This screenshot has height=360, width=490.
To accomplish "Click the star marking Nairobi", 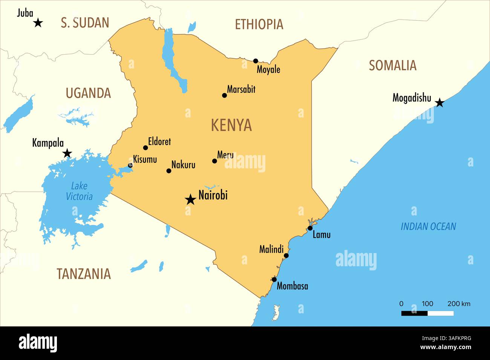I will [x=190, y=200].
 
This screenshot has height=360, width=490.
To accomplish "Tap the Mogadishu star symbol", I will [x=439, y=102].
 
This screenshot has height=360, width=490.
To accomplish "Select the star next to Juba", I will [x=38, y=23].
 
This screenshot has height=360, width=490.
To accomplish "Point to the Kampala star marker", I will [x=67, y=153].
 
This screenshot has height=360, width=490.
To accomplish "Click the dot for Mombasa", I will [x=274, y=279].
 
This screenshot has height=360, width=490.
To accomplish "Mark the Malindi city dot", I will [x=286, y=256].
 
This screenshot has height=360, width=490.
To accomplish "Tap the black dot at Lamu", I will [x=310, y=228].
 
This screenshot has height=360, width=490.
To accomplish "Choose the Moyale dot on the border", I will [x=256, y=61].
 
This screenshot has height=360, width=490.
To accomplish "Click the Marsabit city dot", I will [x=224, y=95].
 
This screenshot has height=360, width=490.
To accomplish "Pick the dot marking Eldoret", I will [x=145, y=148].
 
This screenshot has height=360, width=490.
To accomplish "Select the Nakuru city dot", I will [x=169, y=171].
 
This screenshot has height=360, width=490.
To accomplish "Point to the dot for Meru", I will [x=214, y=161].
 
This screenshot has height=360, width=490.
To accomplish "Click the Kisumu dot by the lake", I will [x=130, y=165].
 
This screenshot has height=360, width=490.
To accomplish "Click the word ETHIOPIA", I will [x=259, y=24].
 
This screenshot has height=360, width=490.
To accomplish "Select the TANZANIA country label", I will [x=84, y=274].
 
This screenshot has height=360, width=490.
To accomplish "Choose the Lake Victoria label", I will [x=79, y=191].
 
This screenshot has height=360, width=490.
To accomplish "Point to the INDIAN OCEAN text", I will [x=428, y=226].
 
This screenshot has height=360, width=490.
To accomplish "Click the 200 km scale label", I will [x=459, y=304].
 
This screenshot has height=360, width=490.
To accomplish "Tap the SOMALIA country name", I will [x=392, y=66].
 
